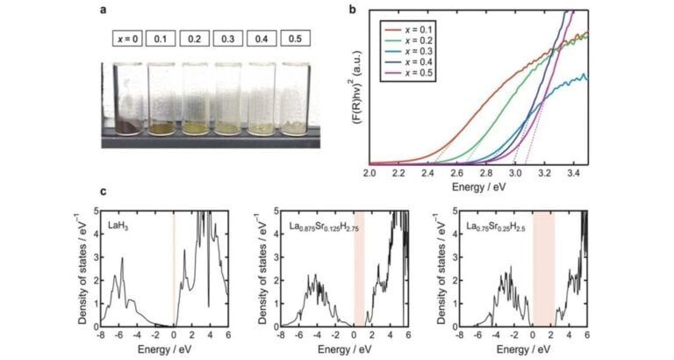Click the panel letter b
(x=351, y=8)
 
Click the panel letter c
(x=105, y=191)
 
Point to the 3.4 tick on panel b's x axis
(x=573, y=175)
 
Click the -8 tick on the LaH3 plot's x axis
(x=103, y=335)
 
